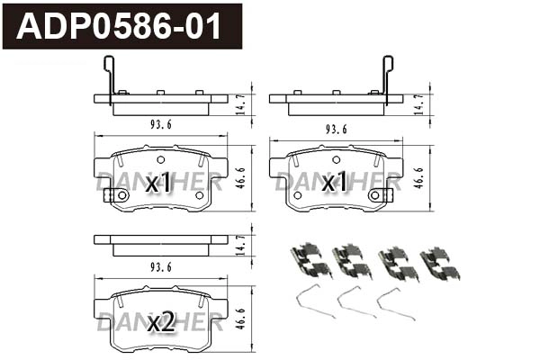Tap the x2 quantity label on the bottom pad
tap(160, 322)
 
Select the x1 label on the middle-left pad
tap(157, 184)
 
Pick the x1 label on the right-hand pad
tap(335, 184)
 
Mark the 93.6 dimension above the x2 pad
tap(161, 266)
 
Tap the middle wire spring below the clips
tap(355, 302)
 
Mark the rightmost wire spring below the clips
tap(396, 302)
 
